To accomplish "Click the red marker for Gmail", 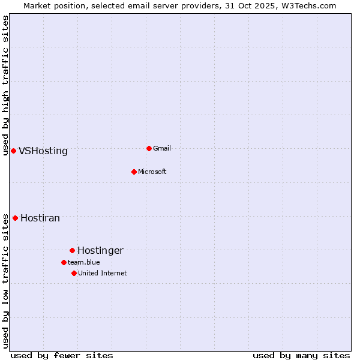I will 149,148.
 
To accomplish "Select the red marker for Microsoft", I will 134,172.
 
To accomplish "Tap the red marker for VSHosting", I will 13,151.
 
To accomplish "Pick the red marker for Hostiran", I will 15,218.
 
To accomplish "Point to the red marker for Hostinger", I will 72,250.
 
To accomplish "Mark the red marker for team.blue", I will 64,262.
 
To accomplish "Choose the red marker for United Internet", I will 74,273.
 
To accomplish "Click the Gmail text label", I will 162,148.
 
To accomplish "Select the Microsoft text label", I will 152,172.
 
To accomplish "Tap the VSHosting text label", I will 43,151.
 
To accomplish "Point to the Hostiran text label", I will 40,218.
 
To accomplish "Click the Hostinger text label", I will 100,251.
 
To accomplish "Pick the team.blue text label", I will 84,262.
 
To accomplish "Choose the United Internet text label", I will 103,273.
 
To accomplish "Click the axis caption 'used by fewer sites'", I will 62,355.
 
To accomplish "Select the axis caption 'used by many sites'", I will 301,355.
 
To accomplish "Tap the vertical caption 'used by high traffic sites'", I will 5,85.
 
